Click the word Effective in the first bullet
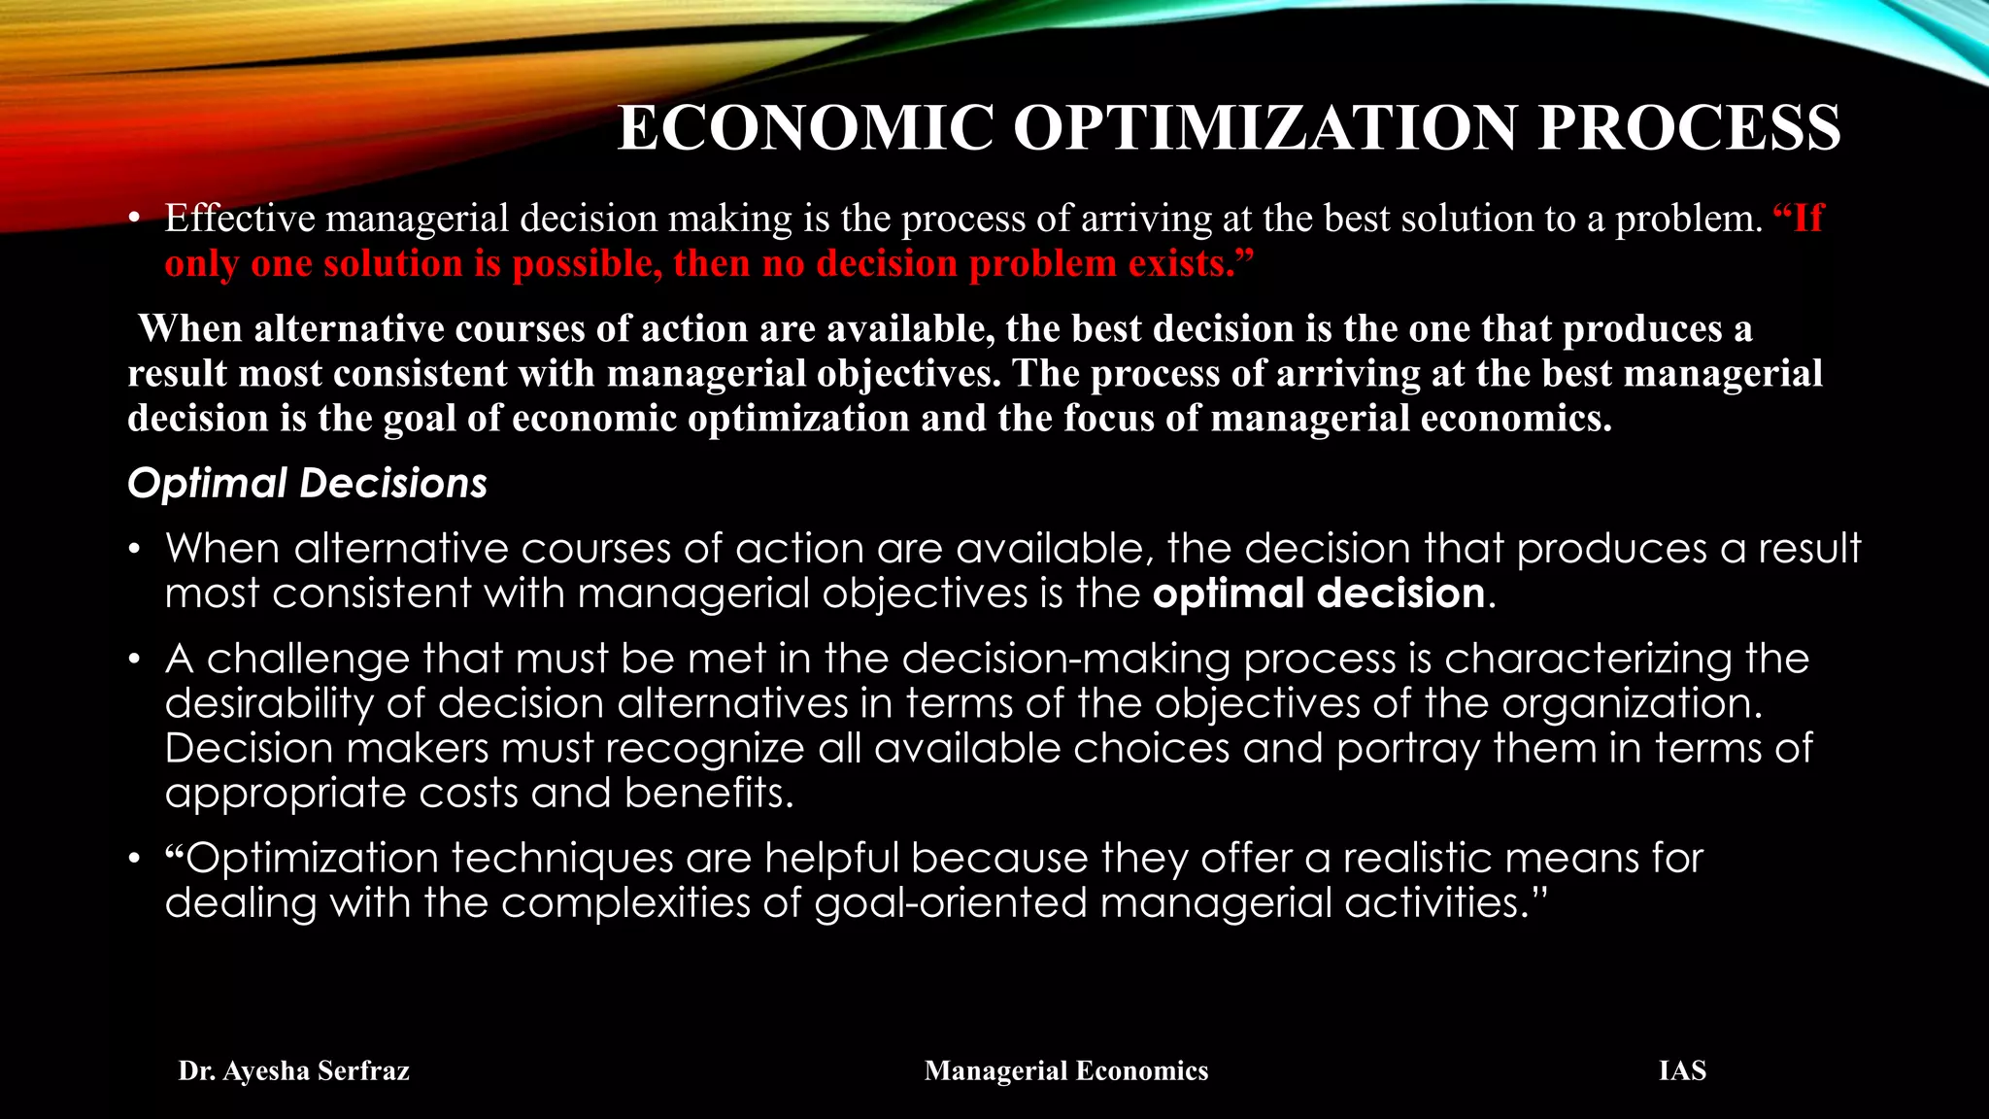point(240,219)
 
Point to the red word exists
point(1193,263)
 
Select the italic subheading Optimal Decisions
point(307,484)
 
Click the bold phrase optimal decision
point(1319,593)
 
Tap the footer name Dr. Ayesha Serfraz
point(294,1070)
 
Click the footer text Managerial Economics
point(1066,1070)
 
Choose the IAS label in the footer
point(1682,1070)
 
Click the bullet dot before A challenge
point(136,661)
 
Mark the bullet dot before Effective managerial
point(136,220)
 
